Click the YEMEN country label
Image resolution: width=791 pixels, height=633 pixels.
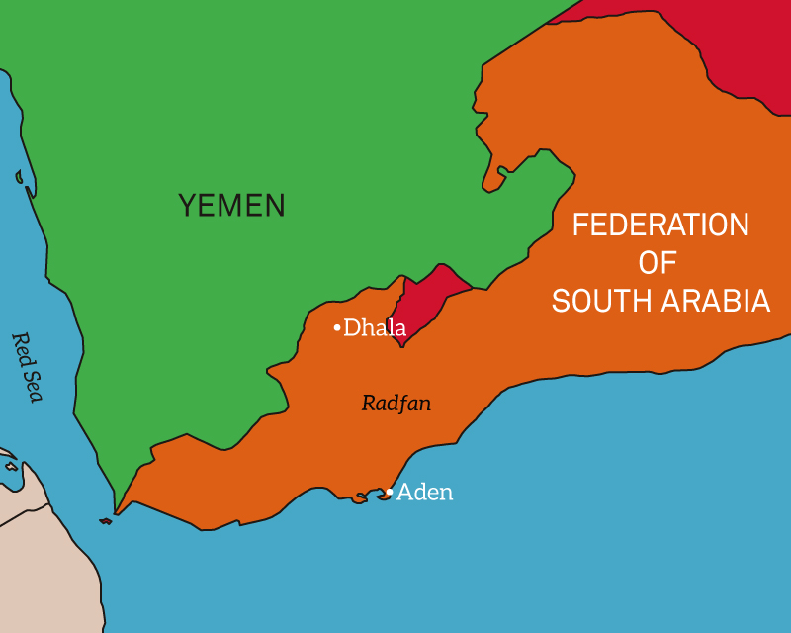[x=231, y=206]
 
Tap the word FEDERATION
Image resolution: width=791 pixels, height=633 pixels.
[x=660, y=226]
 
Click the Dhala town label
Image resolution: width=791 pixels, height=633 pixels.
[x=375, y=327]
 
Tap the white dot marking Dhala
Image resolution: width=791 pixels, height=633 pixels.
[x=337, y=327]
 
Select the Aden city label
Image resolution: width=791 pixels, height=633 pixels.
[x=425, y=492]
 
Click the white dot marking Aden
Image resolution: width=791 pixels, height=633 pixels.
[x=391, y=492]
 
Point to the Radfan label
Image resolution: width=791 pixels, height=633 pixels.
[x=396, y=404]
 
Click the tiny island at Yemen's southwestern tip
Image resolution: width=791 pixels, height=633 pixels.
[x=106, y=521]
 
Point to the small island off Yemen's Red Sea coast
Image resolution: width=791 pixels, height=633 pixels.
[x=19, y=178]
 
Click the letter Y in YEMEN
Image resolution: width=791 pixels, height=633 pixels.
[x=187, y=206]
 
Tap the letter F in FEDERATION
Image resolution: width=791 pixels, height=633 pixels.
[x=580, y=226]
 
